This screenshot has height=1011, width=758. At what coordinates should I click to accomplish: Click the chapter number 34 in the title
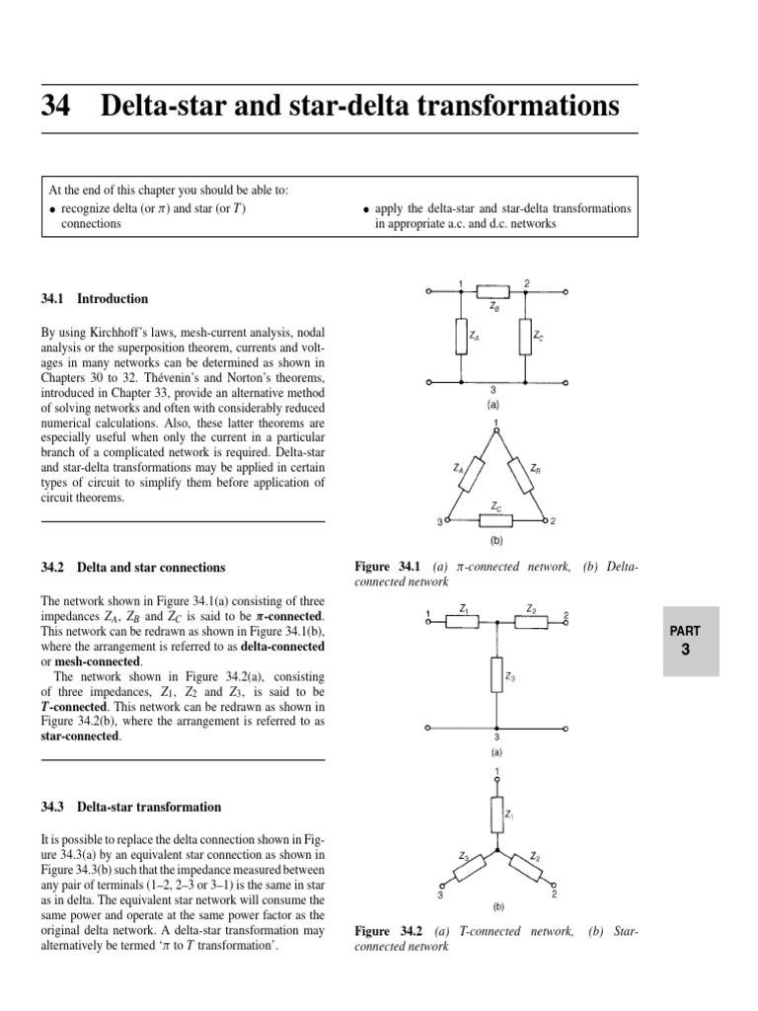[55, 107]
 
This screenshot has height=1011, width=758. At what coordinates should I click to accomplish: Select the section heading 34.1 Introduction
[95, 298]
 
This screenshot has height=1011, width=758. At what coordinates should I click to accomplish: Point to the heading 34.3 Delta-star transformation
[130, 807]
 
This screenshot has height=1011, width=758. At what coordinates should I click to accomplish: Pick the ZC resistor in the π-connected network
[525, 338]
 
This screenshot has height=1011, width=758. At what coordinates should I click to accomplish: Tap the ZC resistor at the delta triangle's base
[496, 519]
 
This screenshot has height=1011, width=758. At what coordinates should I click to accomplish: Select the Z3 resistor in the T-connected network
[496, 676]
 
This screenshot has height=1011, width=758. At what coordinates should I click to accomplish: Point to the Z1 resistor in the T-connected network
[463, 622]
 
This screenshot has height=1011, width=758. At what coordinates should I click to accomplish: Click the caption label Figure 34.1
[387, 568]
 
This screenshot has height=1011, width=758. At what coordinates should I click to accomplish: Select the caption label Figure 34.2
[387, 931]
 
